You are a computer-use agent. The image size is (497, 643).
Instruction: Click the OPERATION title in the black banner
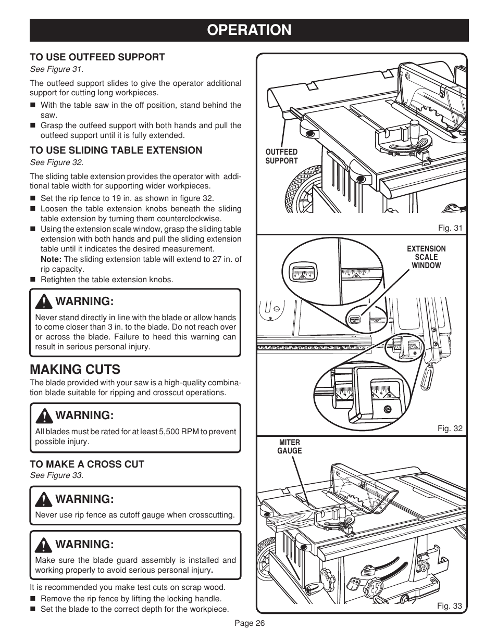[249, 30]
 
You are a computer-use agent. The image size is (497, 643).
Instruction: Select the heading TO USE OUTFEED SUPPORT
[97, 57]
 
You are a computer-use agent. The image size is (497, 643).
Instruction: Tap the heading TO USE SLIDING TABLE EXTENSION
[116, 150]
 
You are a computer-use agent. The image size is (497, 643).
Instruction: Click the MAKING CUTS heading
[75, 370]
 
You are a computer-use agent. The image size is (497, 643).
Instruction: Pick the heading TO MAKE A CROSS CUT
[87, 464]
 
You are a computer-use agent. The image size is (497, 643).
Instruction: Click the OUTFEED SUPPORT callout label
[281, 157]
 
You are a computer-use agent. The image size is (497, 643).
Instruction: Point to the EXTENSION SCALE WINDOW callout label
[426, 257]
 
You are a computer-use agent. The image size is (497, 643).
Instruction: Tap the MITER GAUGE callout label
[289, 447]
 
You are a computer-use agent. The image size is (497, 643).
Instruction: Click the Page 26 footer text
[250, 624]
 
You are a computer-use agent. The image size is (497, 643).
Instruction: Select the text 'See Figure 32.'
[57, 162]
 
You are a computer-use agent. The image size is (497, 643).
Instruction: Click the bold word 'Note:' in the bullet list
[51, 259]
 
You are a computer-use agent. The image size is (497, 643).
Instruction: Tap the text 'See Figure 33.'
[57, 475]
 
